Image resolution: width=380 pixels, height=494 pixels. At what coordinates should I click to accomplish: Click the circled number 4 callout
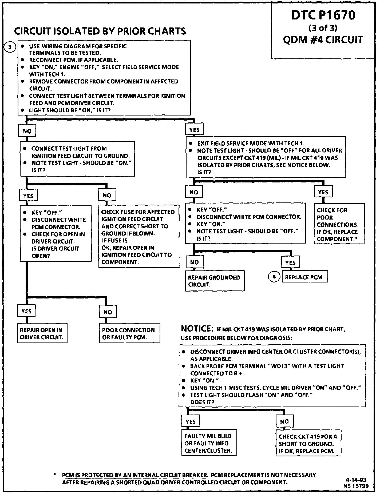274,277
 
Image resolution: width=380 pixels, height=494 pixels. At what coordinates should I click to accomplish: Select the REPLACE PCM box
304,277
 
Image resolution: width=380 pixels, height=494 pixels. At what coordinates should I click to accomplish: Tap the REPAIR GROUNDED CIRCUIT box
215,281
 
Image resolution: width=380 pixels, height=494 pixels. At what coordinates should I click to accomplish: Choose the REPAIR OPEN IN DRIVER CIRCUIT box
42,333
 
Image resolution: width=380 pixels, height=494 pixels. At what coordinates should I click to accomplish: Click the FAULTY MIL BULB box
209,443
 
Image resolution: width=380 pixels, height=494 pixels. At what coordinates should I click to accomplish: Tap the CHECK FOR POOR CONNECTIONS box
339,224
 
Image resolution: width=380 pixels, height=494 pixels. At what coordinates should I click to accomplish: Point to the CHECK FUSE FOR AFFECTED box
138,237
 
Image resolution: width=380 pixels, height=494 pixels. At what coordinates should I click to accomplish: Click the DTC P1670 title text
323,15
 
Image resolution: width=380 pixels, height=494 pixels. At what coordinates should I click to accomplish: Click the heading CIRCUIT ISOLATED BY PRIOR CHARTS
100,31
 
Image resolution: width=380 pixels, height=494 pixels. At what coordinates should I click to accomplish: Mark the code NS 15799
356,486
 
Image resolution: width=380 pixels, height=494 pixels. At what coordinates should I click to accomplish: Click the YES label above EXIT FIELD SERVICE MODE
194,130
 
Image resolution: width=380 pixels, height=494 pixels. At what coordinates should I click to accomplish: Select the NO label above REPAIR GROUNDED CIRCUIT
194,262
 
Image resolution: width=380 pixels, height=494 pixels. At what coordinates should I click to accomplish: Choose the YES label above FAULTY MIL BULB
191,422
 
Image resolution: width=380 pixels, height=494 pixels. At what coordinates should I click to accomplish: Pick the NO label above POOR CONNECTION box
108,312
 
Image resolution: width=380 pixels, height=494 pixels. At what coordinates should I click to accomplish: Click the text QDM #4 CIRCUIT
323,40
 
